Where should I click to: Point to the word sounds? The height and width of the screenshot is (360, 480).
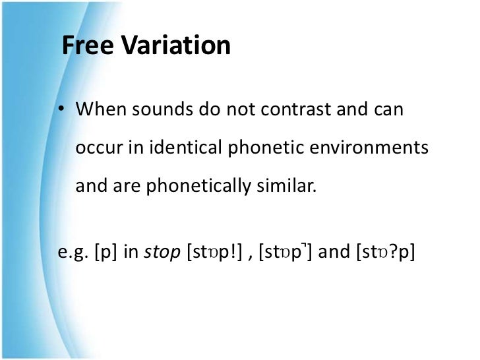pos(160,110)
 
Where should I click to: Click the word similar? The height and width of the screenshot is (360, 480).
pos(285,187)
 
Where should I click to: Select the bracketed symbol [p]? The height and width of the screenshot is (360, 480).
pos(108,253)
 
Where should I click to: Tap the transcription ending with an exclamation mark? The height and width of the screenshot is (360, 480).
pos(215,253)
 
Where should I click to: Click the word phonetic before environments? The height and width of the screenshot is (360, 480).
pos(258,148)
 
